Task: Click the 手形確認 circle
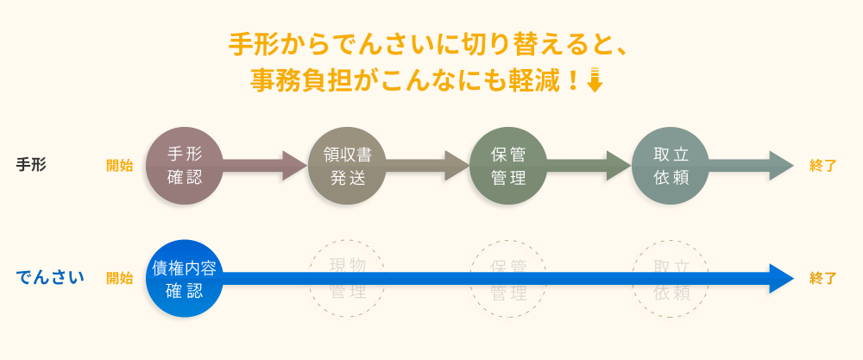pyautogui.click(x=184, y=166)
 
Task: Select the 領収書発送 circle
pyautogui.click(x=346, y=166)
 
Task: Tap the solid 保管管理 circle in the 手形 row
pyautogui.click(x=508, y=166)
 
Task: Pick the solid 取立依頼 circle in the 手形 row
pyautogui.click(x=671, y=166)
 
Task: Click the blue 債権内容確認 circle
pyautogui.click(x=184, y=278)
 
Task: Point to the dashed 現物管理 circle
pyautogui.click(x=346, y=278)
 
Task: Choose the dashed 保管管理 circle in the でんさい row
pyautogui.click(x=508, y=278)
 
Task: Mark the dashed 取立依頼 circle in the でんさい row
pyautogui.click(x=671, y=278)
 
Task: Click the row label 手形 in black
pyautogui.click(x=31, y=165)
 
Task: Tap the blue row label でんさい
pyautogui.click(x=50, y=278)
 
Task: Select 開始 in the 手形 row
pyautogui.click(x=119, y=166)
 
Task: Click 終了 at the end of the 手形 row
pyautogui.click(x=823, y=166)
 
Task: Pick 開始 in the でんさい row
pyautogui.click(x=119, y=278)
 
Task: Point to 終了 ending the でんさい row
pyautogui.click(x=823, y=278)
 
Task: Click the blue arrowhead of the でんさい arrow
pyautogui.click(x=781, y=278)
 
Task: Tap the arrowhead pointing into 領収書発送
pyautogui.click(x=293, y=166)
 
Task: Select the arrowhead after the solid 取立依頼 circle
pyautogui.click(x=781, y=166)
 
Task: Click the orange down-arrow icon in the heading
pyautogui.click(x=594, y=79)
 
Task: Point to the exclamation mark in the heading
pyautogui.click(x=572, y=80)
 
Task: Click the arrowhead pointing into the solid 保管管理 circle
pyautogui.click(x=456, y=166)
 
